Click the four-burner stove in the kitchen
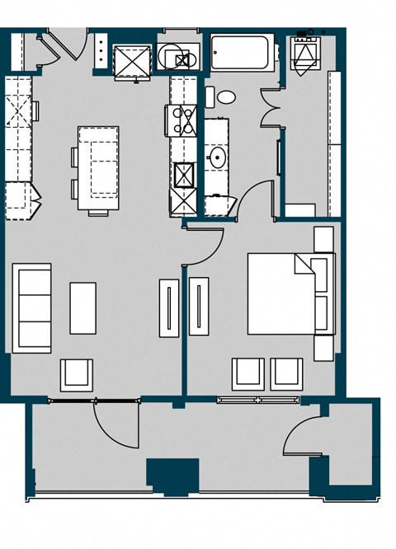point(181,120)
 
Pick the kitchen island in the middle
point(98,169)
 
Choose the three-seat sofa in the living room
point(32,306)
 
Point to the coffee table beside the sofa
point(82,307)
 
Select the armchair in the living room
point(77,374)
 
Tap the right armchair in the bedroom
point(287,373)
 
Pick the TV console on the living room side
point(168,307)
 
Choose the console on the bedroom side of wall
point(199,307)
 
